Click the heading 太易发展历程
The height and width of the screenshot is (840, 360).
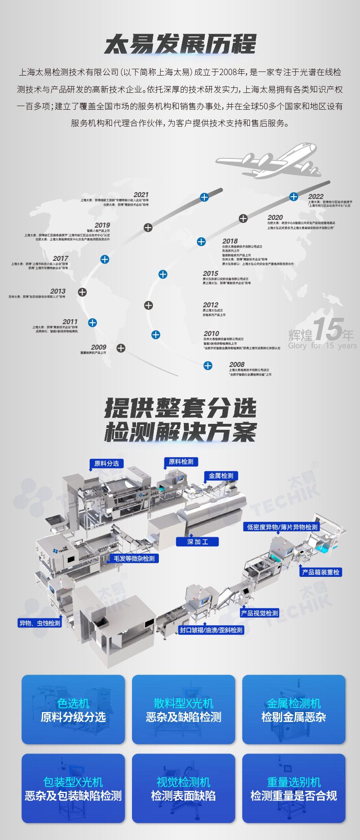(x=180, y=45)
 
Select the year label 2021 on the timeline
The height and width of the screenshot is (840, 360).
(x=141, y=194)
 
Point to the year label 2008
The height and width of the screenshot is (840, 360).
(x=237, y=364)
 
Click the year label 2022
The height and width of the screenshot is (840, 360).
(x=316, y=196)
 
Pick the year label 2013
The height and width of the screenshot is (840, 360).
(x=58, y=291)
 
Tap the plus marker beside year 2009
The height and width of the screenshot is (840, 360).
(x=121, y=348)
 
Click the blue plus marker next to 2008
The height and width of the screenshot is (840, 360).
(x=208, y=365)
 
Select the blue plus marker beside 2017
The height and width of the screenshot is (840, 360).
(x=105, y=259)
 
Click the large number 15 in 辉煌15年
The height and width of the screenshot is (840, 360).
(x=327, y=329)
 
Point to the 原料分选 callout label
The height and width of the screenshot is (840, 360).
(x=106, y=463)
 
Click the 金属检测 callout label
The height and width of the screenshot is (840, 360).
(x=221, y=476)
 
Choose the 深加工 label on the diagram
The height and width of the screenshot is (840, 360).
(x=198, y=542)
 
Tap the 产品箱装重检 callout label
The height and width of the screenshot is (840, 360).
(x=321, y=572)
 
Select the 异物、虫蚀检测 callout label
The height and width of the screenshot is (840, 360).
(x=40, y=623)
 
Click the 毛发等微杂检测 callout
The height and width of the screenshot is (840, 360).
(x=134, y=558)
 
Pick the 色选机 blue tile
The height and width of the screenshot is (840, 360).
(x=73, y=709)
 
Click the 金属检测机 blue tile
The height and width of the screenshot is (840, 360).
(x=294, y=709)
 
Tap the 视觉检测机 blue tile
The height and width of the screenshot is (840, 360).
(x=183, y=788)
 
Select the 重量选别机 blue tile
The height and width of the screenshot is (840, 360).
(x=294, y=788)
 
